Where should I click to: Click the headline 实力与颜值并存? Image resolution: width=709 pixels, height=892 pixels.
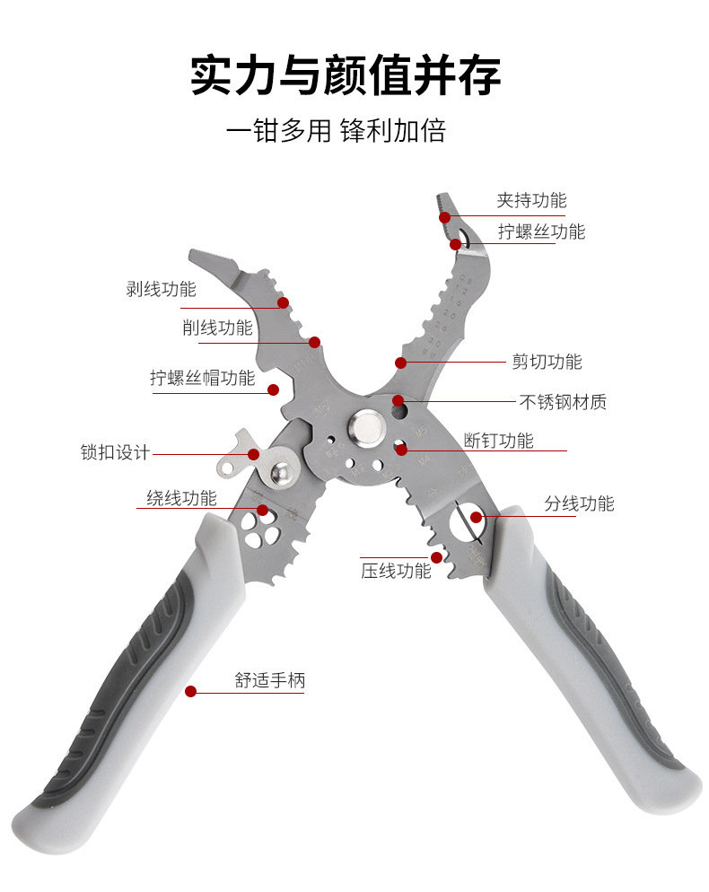pos(346,75)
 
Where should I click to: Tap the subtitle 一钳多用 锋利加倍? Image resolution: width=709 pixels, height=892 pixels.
pos(336,132)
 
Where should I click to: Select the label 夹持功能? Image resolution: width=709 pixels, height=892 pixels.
pos(531,200)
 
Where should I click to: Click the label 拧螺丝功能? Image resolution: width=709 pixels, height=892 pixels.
pos(541,232)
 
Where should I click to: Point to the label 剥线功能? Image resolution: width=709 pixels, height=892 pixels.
pos(161,289)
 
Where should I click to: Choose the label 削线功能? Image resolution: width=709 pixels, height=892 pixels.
pos(217,328)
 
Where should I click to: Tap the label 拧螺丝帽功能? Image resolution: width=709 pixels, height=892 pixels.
pos(203,378)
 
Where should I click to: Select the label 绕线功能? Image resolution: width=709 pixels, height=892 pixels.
pos(181,498)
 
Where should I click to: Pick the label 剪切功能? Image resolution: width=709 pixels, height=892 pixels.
pos(547,362)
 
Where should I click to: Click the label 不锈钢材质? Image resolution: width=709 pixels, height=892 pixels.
pos(563,402)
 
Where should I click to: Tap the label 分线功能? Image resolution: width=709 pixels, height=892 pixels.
pos(579,503)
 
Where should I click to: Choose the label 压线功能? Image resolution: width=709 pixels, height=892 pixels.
pos(396,570)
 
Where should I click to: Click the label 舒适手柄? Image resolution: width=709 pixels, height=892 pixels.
pos(269,680)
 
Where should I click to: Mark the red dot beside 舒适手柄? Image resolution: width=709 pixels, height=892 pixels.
pos(190,691)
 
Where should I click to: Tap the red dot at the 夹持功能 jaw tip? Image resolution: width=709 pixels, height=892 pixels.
pos(444,216)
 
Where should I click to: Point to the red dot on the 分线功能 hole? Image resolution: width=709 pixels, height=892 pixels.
pos(477,517)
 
